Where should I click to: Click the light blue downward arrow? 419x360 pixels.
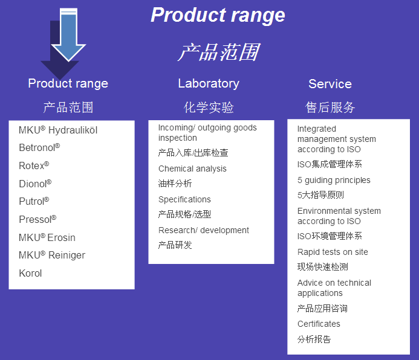point(68,34)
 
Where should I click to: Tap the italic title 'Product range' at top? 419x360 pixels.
point(218,15)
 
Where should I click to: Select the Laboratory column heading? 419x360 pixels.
point(209,83)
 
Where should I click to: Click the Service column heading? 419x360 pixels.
point(330,84)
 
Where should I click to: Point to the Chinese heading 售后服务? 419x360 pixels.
point(330,108)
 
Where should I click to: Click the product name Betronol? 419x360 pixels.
point(39,147)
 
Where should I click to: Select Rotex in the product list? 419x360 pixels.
point(34,166)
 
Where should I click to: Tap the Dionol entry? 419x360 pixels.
point(35,184)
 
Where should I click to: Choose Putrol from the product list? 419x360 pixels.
point(34,201)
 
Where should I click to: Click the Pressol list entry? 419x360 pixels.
point(37,219)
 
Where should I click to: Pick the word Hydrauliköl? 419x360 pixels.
point(73,130)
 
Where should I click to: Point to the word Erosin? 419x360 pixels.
point(61,237)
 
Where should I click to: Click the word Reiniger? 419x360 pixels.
point(67,256)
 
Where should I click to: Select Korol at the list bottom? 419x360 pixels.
point(30,273)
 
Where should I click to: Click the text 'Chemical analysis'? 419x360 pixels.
point(192,169)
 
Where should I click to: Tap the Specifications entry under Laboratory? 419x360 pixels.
point(184,199)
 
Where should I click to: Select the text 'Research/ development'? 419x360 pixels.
point(204,230)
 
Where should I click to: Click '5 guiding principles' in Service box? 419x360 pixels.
point(334,180)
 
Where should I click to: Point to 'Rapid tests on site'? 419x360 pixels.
point(333,252)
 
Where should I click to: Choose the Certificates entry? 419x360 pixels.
point(319,324)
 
